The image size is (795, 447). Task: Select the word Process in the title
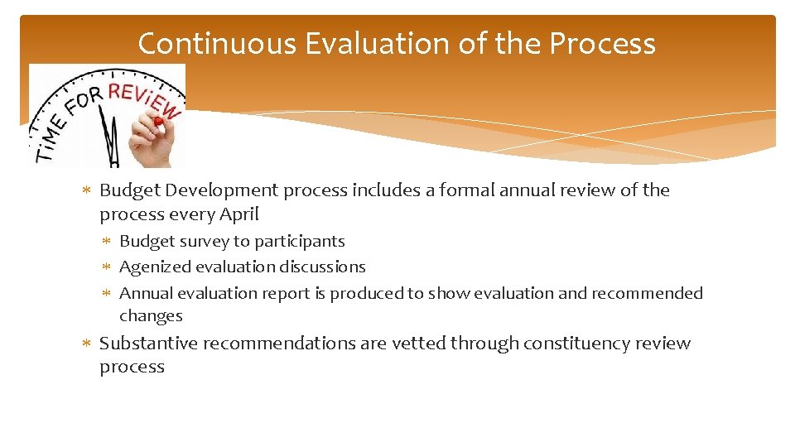602,44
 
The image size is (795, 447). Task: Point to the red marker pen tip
157,121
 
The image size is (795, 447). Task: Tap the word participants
301,242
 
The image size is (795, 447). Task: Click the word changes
151,316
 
